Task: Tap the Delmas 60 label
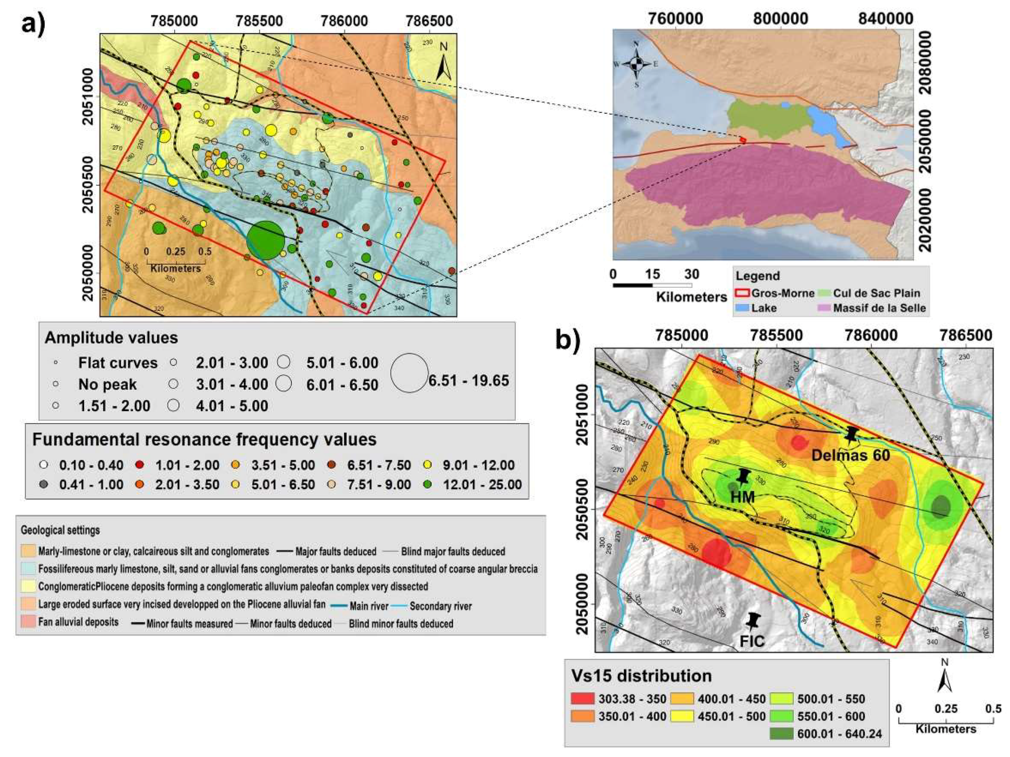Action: [x=851, y=455]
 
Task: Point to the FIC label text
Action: [x=751, y=641]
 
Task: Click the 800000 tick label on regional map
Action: [x=781, y=19]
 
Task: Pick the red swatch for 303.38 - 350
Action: [x=583, y=699]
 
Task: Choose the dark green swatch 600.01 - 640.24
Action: [x=782, y=734]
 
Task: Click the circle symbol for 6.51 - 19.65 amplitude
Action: [x=409, y=373]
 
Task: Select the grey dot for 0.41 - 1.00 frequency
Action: [x=44, y=484]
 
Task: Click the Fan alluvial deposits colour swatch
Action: [x=28, y=622]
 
